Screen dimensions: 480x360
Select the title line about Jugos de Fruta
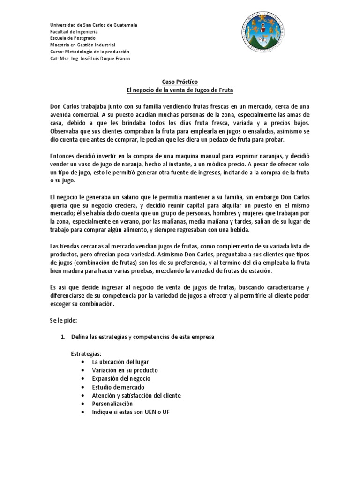point(180,90)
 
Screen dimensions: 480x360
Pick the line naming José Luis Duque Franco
point(90,58)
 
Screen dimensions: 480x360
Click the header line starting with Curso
point(90,52)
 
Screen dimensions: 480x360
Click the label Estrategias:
point(86,353)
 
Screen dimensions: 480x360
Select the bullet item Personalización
point(112,404)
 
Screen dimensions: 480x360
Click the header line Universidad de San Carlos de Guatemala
point(93,25)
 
